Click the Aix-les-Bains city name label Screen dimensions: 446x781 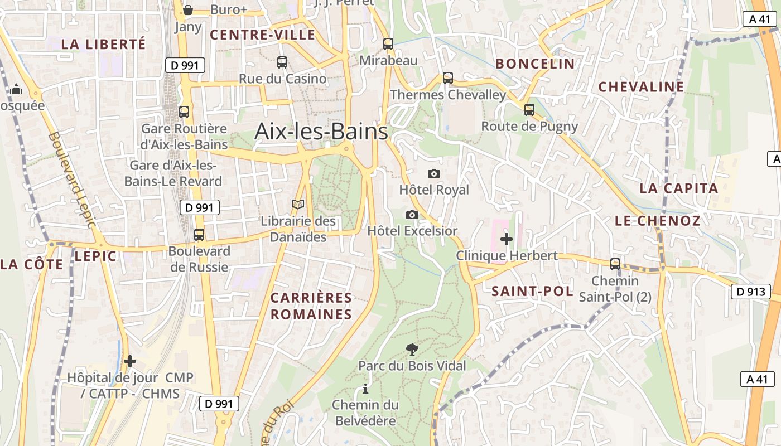[321, 132]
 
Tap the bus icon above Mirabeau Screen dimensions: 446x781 [388, 43]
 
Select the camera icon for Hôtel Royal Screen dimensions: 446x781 [433, 174]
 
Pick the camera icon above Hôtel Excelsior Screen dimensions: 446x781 [412, 215]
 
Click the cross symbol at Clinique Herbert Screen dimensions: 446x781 [507, 239]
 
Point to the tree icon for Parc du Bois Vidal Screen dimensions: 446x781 [412, 350]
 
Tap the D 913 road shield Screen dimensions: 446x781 [750, 291]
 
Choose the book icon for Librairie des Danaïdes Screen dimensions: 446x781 [298, 205]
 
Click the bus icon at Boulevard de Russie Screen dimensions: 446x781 [199, 235]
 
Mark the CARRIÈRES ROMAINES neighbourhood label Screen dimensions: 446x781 [311, 306]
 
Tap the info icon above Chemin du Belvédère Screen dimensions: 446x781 [365, 389]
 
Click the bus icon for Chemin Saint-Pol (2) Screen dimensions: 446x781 [615, 264]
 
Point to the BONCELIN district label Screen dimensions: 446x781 [535, 64]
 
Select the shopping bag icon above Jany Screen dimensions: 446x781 [188, 10]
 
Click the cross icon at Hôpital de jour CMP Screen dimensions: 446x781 [130, 361]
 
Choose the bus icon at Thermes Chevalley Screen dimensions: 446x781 [448, 78]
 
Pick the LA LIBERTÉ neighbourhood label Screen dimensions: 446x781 [103, 45]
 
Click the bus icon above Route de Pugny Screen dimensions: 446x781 [529, 110]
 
